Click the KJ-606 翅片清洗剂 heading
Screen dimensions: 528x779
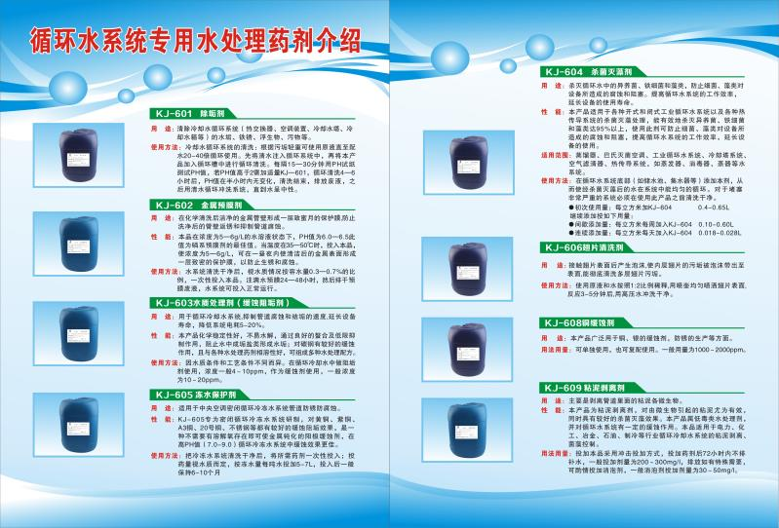tap(592, 247)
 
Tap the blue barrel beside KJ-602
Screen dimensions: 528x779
tap(78, 245)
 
